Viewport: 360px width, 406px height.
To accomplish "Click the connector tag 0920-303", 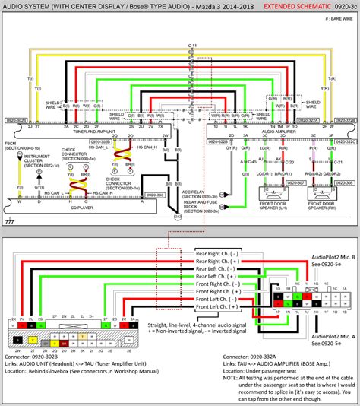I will click(x=155, y=195).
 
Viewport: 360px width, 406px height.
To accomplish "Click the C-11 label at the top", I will click(x=193, y=46).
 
